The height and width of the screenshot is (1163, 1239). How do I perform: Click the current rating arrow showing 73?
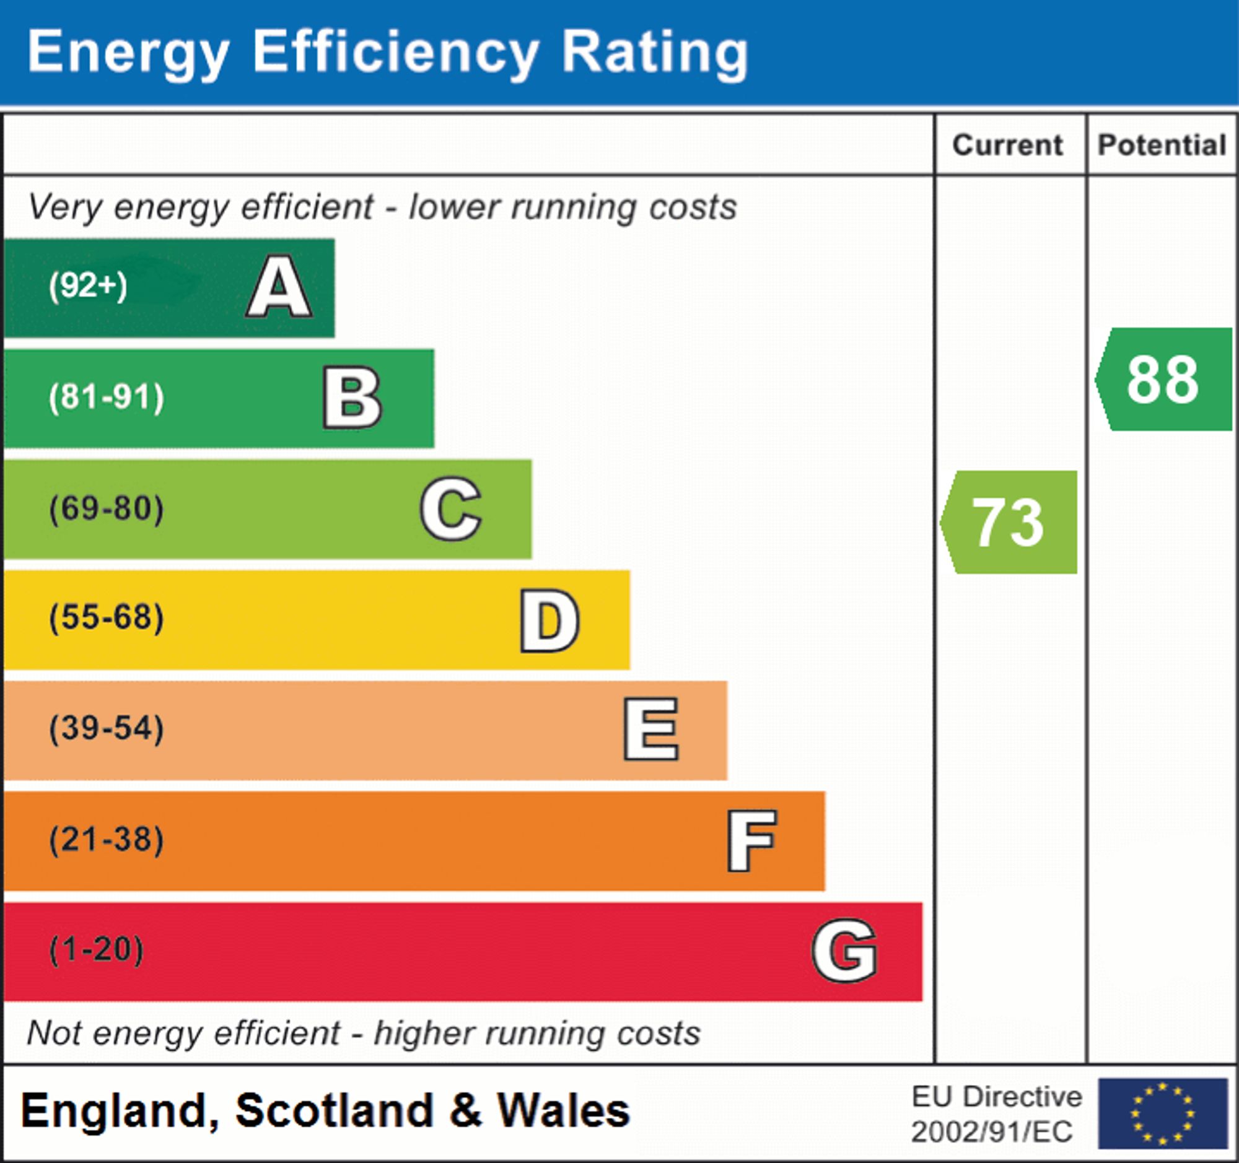click(x=1010, y=522)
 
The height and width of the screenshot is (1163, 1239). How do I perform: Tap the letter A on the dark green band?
click(x=279, y=287)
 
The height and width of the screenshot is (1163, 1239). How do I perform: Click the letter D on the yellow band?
click(x=549, y=620)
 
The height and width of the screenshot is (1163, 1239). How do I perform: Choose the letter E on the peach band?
click(x=650, y=730)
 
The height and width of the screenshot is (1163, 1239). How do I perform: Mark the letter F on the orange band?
click(x=751, y=840)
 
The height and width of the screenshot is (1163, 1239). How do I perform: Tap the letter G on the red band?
click(x=844, y=951)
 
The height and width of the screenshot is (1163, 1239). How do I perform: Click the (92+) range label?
click(x=88, y=286)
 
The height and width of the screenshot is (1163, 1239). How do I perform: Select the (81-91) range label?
click(x=107, y=397)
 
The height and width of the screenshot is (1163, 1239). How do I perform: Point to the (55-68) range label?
click(x=107, y=618)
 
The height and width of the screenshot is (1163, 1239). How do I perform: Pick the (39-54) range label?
click(x=107, y=728)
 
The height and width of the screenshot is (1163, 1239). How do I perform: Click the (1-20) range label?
click(x=96, y=950)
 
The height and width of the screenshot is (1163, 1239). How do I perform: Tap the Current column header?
click(x=1008, y=145)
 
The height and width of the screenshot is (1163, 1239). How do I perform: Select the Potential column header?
click(x=1162, y=145)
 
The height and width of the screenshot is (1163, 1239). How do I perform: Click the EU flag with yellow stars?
click(x=1162, y=1113)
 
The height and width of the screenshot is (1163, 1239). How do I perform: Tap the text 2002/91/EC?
click(x=992, y=1132)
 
